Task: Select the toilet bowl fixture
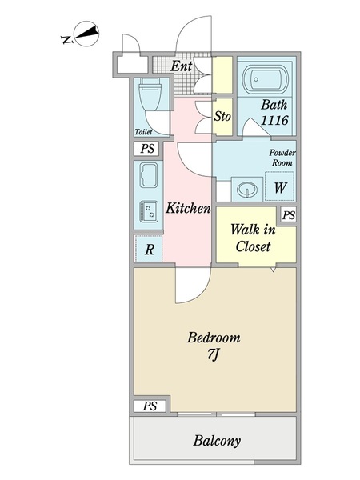pos(150,94)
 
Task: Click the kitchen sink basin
pos(149,174)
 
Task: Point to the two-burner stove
pos(149,211)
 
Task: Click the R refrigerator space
pos(149,249)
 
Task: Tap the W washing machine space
pos(279,186)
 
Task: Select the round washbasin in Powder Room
pos(246,189)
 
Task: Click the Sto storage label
pos(222,116)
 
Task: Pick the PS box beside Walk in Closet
pos(289,215)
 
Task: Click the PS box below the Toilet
pos(147,149)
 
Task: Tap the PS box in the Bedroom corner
pos(150,406)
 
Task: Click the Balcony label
pos(217,441)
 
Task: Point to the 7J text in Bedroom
pos(214,355)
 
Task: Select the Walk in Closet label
pos(253,238)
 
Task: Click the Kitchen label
pos(188,208)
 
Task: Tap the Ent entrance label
pos(182,66)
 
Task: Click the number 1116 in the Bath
pos(274,120)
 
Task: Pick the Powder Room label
pos(282,158)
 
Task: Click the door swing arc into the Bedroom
pos(199,294)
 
